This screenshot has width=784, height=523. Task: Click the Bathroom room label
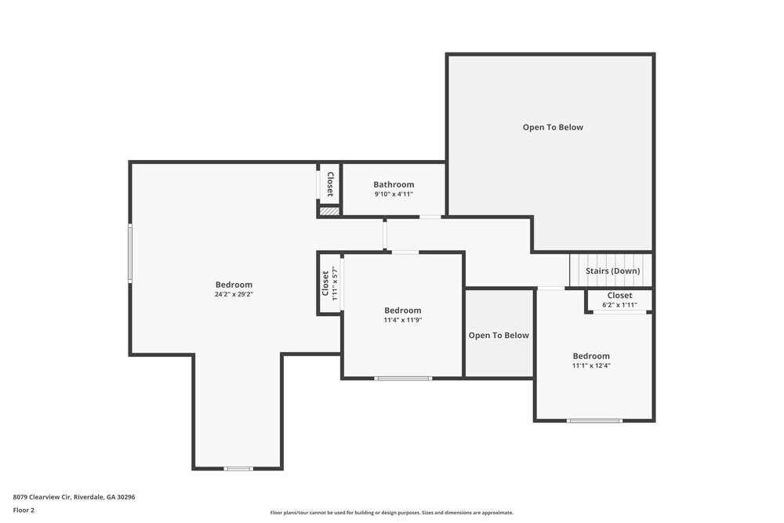point(394,184)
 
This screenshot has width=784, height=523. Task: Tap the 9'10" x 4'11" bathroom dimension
point(394,194)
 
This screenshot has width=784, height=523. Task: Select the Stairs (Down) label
point(612,271)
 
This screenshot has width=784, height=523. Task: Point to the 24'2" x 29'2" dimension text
point(234,295)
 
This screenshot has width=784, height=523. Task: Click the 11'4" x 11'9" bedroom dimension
point(403,321)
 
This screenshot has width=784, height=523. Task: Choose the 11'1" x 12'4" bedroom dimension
point(591,365)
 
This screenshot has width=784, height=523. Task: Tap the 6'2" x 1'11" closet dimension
point(619,305)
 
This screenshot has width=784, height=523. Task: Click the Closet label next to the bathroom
point(330,184)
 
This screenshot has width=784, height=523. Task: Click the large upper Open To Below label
point(553,127)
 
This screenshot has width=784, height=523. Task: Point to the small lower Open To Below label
point(499,336)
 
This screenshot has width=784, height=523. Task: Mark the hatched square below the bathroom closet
point(329,211)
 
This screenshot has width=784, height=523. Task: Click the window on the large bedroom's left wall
point(130,252)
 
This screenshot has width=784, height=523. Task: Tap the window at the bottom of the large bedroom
point(238,469)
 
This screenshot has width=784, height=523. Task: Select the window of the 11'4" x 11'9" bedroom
point(403,379)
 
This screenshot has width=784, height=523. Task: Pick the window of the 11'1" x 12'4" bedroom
point(594,421)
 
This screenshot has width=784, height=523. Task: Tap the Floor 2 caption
point(24,510)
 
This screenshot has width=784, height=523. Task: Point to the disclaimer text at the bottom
point(392,513)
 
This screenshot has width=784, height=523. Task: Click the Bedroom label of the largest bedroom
point(234,285)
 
